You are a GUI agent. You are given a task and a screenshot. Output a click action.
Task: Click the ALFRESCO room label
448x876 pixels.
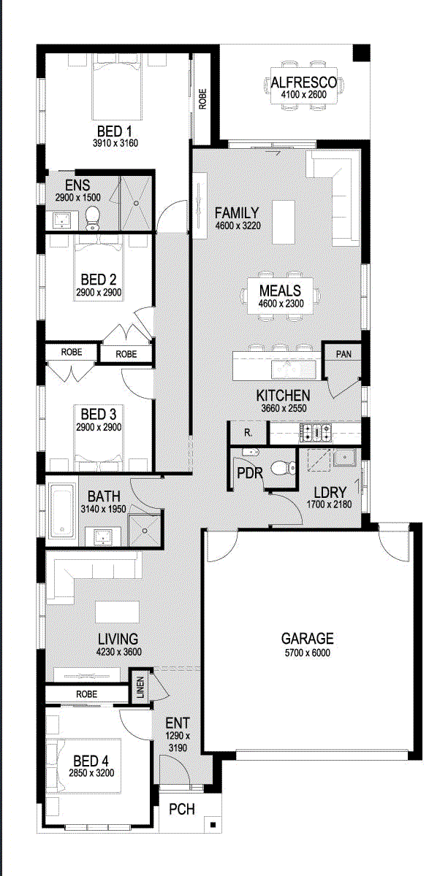point(303,82)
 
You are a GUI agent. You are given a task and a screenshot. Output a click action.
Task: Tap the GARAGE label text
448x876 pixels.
point(308,639)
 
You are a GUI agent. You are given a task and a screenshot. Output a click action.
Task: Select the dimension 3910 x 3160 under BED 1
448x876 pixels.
point(115,143)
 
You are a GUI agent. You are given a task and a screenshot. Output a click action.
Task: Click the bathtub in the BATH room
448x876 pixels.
point(62,510)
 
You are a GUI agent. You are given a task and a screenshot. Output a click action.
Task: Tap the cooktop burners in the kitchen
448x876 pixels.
point(316,433)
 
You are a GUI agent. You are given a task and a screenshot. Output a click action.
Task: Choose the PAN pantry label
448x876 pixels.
point(343,354)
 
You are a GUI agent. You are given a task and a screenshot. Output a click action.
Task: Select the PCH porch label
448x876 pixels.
point(182,809)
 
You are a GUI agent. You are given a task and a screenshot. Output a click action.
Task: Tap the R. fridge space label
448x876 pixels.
point(248,433)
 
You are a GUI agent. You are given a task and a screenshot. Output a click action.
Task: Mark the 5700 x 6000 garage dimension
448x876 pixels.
point(308,653)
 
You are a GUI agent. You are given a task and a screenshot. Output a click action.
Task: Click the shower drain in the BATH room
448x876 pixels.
point(145,531)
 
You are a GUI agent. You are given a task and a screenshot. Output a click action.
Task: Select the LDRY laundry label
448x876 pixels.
point(330,492)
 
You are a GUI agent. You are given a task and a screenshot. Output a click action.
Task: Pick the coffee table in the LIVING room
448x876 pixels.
point(118,612)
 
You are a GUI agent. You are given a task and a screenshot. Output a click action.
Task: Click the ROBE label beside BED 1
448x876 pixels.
point(202,99)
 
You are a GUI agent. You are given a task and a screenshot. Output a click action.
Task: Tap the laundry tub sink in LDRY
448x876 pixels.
point(345,458)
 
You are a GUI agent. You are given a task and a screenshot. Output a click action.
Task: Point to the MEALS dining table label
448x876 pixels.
point(280,291)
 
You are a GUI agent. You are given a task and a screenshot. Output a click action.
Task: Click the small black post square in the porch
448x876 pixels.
point(213,825)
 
